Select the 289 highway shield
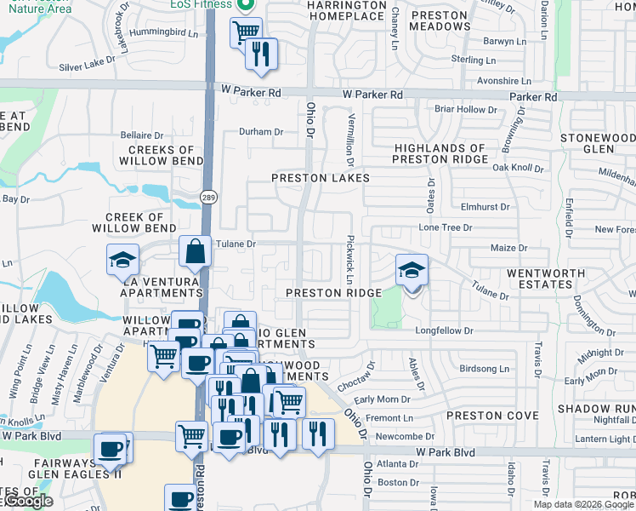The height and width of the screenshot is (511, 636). pyautogui.click(x=208, y=198)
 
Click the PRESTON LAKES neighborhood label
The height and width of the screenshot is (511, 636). pyautogui.click(x=321, y=178)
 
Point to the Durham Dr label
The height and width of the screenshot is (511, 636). pyautogui.click(x=260, y=132)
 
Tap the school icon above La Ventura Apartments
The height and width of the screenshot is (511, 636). pyautogui.click(x=122, y=259)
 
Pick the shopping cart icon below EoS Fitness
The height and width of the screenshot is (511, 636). pyautogui.click(x=246, y=33)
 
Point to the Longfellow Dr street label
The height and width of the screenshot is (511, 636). pyautogui.click(x=449, y=330)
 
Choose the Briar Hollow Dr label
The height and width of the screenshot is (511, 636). pyautogui.click(x=466, y=110)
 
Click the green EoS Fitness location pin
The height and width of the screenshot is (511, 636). pyautogui.click(x=246, y=4)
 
